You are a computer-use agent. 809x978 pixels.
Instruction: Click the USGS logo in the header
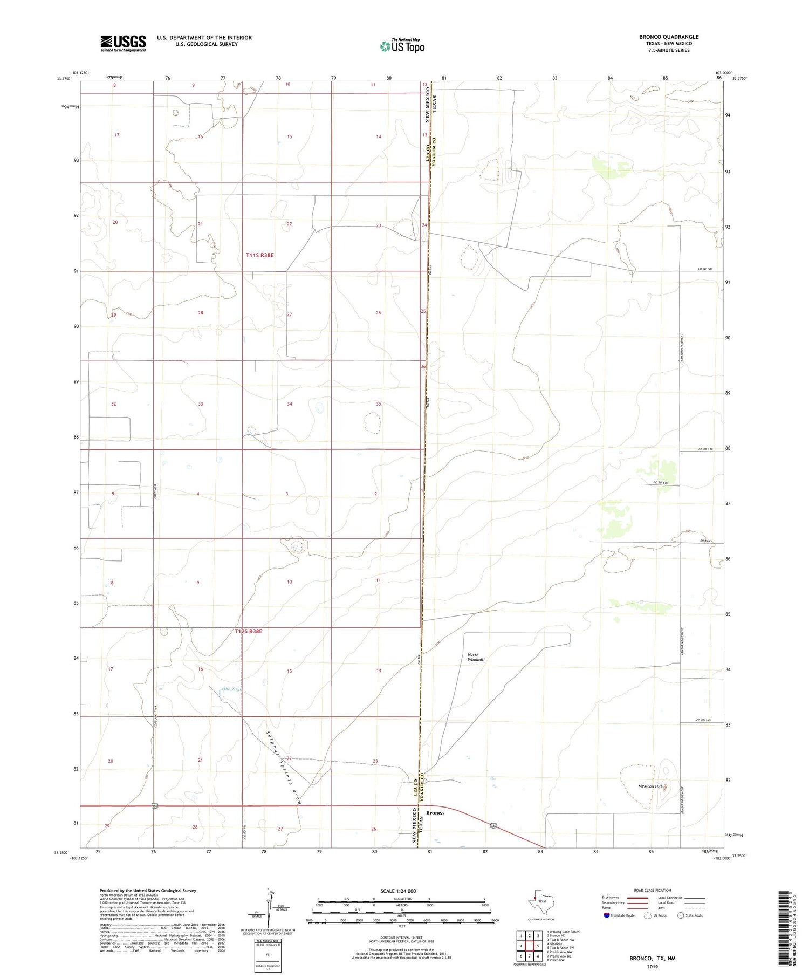click(x=123, y=43)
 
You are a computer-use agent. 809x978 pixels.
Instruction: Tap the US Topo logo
click(x=402, y=46)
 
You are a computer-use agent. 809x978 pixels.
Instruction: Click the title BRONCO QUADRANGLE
click(x=668, y=37)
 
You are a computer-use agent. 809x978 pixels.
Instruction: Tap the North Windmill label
click(x=476, y=657)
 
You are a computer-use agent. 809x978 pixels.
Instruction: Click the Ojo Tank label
click(x=232, y=689)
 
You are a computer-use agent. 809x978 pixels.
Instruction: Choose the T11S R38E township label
click(x=259, y=255)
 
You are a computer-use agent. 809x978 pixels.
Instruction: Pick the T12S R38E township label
click(x=248, y=631)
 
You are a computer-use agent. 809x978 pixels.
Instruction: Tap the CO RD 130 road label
click(x=704, y=449)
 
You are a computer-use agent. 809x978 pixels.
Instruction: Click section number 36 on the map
click(x=423, y=367)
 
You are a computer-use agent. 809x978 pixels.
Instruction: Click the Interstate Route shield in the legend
click(x=607, y=915)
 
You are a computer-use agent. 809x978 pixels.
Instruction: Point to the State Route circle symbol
click(x=681, y=915)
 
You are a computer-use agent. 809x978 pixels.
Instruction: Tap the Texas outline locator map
click(x=538, y=901)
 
